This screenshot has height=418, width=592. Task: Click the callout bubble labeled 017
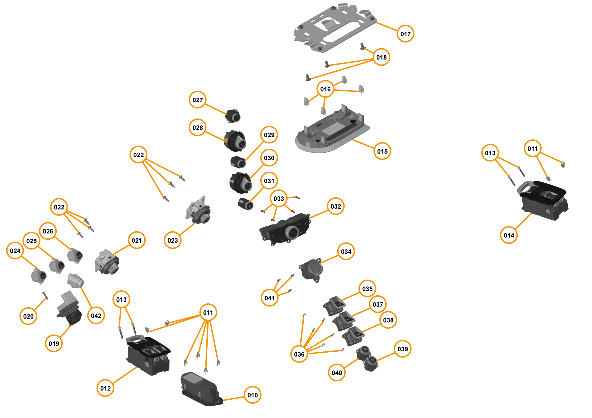pyautogui.click(x=405, y=34)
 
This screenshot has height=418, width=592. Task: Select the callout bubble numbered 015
pyautogui.click(x=382, y=151)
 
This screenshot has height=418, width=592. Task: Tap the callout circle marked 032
pyautogui.click(x=335, y=206)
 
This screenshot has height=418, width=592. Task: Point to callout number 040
pyautogui.click(x=337, y=372)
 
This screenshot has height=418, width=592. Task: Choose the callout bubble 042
pyautogui.click(x=96, y=315)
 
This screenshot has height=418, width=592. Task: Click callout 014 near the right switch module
pyautogui.click(x=508, y=235)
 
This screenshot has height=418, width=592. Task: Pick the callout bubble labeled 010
pyautogui.click(x=252, y=395)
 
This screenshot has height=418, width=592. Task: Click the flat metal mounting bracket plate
pyautogui.click(x=335, y=28)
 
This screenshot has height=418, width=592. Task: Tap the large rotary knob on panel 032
pyautogui.click(x=292, y=233)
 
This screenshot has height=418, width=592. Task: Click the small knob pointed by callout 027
pyautogui.click(x=233, y=116)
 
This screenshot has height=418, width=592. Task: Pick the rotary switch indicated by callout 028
pyautogui.click(x=235, y=141)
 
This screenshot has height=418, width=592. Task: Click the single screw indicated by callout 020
pyautogui.click(x=45, y=295)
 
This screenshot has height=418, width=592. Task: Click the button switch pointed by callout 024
pyautogui.click(x=39, y=276)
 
